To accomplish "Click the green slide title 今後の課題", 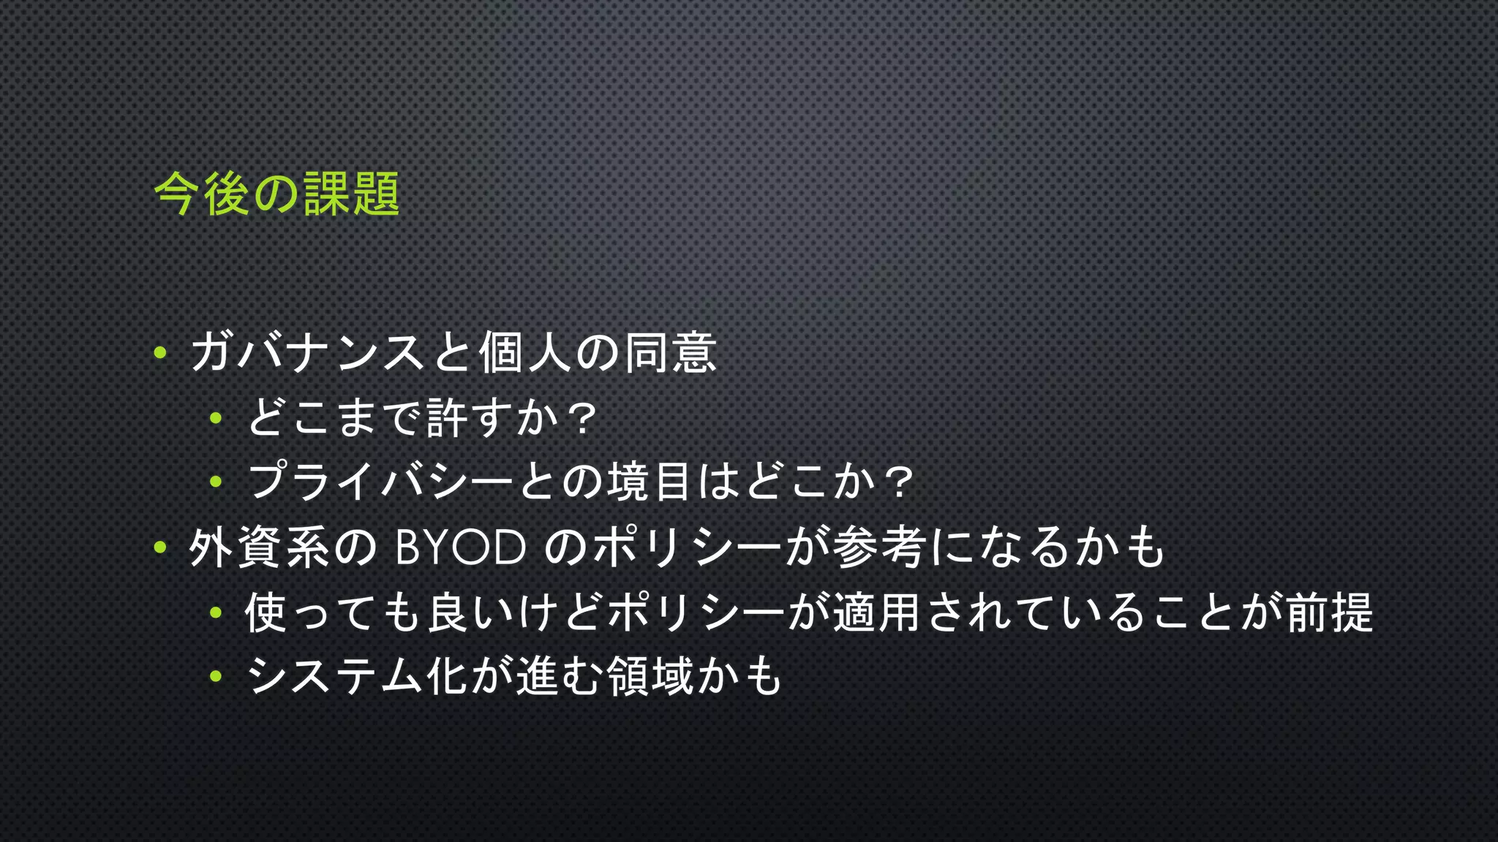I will [x=276, y=194].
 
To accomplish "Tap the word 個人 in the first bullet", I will [x=524, y=353].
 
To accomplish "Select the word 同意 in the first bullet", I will [x=670, y=353].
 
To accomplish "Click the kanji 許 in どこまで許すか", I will [x=446, y=418].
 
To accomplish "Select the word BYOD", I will [x=460, y=547].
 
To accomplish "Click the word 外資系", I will [x=260, y=547].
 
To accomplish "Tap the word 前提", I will [x=1329, y=612].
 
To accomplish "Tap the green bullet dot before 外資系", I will [x=160, y=547].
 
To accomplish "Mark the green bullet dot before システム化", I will [x=216, y=676].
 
